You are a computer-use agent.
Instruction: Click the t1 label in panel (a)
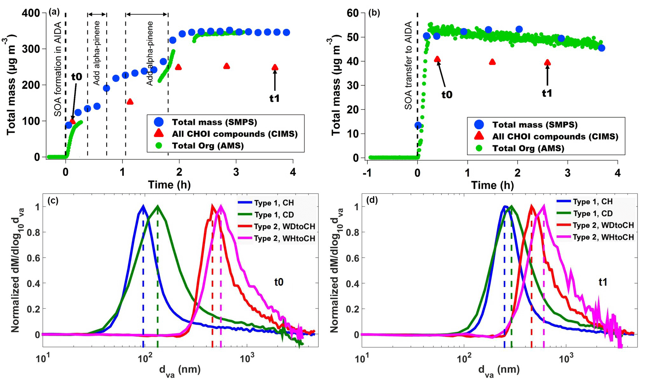coord(274,98)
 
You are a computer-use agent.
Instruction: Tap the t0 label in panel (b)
coord(447,94)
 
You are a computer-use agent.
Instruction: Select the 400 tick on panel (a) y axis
coord(31,13)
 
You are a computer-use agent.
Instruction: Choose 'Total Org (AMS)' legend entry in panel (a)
coord(208,146)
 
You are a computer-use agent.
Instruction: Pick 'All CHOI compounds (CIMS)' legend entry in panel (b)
coord(555,137)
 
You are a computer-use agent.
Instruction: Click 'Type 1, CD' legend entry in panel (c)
coord(274,215)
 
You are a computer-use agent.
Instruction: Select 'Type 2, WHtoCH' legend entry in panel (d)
coord(603,237)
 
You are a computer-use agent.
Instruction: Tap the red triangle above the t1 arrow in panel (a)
coord(275,67)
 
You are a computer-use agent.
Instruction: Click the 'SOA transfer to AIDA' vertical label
coord(408,65)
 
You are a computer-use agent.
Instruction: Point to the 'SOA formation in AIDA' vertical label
coord(58,65)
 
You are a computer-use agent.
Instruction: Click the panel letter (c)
coord(53,201)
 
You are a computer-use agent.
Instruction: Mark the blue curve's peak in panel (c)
coord(143,206)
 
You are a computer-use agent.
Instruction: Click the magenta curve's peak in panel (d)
coord(544,206)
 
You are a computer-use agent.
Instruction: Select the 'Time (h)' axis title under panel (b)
coord(492,185)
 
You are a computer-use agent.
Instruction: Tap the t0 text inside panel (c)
coord(279,282)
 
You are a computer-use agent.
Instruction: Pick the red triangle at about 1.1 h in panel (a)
coord(130,102)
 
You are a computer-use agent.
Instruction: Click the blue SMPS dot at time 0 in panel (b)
coord(418,125)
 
